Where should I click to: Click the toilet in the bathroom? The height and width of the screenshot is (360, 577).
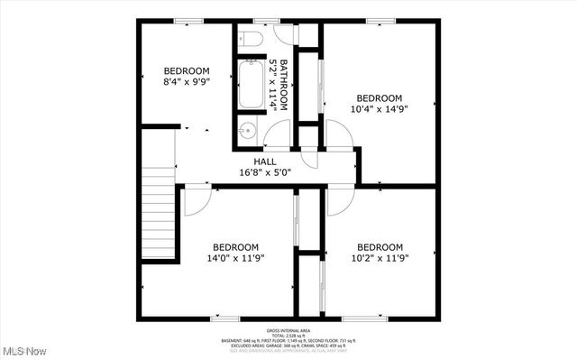[x=251, y=39]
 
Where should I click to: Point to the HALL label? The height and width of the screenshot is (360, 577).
[x=264, y=162]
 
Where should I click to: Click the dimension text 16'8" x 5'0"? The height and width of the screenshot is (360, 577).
[x=265, y=172]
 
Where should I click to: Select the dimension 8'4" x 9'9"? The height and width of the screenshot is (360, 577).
[x=187, y=82]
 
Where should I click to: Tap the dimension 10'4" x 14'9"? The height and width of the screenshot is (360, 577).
[x=379, y=109]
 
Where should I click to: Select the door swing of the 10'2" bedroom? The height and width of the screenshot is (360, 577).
[x=340, y=201]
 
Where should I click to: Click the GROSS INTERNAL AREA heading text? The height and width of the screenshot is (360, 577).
[x=288, y=329]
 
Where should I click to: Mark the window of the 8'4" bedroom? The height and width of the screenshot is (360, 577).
[x=188, y=21]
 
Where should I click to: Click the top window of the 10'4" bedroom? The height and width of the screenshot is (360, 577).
[x=380, y=21]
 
